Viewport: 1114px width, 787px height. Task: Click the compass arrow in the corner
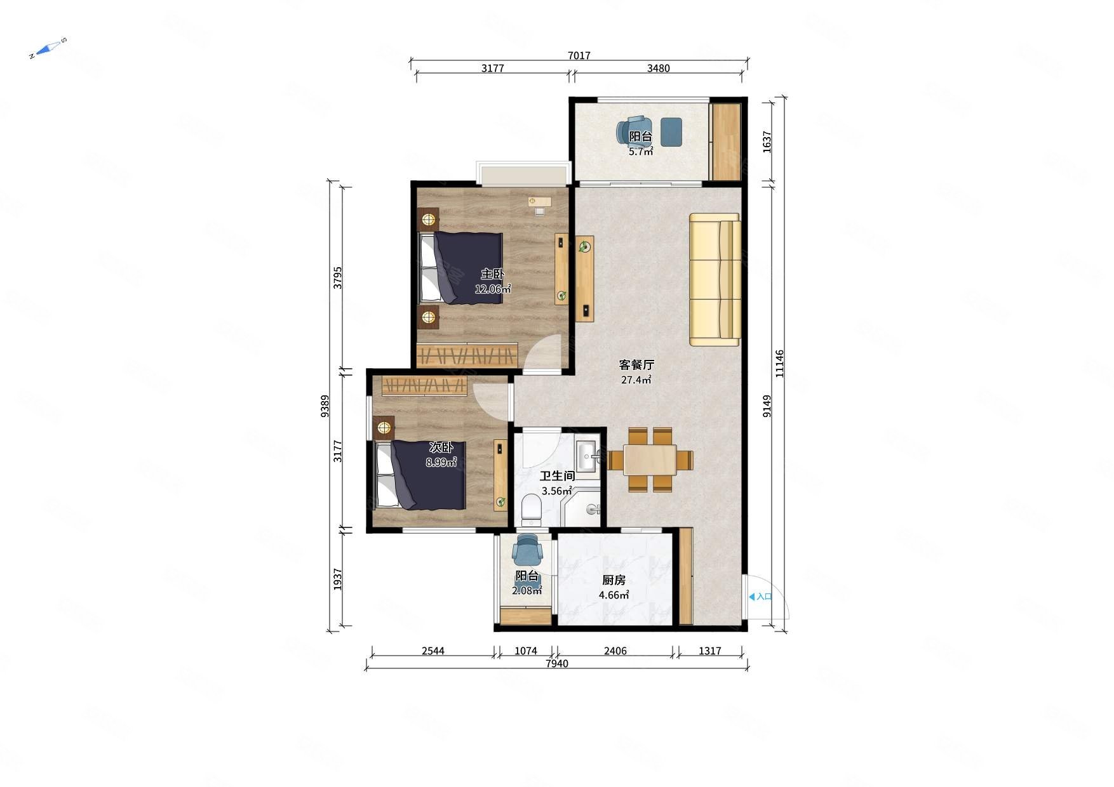48,48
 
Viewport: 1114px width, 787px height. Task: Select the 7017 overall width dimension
579,56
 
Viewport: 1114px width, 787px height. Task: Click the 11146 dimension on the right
780,364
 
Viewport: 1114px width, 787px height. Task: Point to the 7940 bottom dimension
557,664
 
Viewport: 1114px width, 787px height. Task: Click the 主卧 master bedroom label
492,274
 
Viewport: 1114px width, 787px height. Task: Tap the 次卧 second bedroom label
441,448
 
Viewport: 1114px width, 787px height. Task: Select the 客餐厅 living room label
636,365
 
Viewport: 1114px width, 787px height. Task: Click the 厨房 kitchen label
614,580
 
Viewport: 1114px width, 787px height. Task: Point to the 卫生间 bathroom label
558,476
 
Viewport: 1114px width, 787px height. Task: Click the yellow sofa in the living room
715,280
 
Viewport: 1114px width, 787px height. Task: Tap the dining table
650,460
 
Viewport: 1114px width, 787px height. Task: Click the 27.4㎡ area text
636,380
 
